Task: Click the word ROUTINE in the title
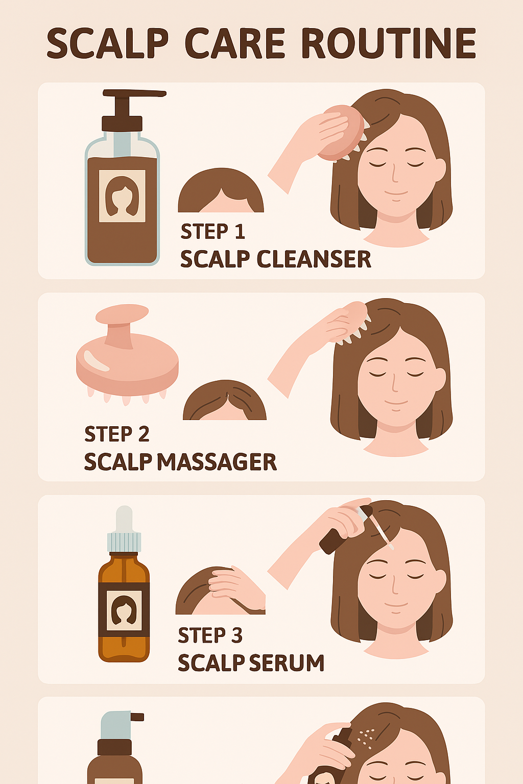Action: tap(389, 43)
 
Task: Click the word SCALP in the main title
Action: tap(108, 43)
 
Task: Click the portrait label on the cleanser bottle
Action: tap(122, 196)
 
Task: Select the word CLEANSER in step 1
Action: tap(314, 259)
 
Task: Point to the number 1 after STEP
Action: tap(240, 231)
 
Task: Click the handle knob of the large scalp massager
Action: tap(122, 314)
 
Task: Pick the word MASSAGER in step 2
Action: tap(217, 461)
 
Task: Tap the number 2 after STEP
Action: tap(144, 434)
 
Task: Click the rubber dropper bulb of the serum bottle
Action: tap(124, 519)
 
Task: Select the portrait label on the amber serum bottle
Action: tap(124, 610)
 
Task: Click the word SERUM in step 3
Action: tap(287, 663)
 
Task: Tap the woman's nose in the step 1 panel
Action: tap(394, 173)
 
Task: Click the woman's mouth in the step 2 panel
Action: tap(396, 403)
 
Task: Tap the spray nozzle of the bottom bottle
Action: tap(137, 717)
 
